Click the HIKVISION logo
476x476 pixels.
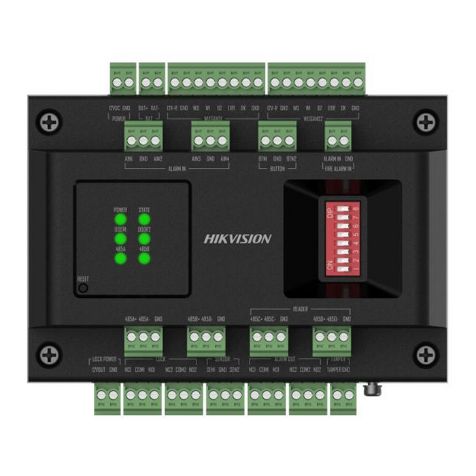237,239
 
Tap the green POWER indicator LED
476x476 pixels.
120,220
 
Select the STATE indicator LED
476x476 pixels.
144,220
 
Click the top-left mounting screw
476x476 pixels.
49,122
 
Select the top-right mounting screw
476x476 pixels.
426,122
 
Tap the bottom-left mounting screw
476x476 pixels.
49,354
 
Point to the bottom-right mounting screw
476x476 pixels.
426,354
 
